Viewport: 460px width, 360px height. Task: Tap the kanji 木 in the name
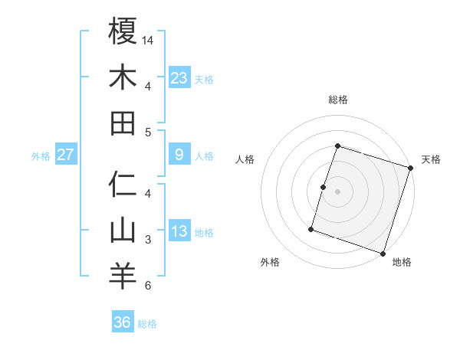click(123, 77)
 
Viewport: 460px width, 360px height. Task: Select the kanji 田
click(123, 123)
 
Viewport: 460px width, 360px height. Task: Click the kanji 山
click(123, 231)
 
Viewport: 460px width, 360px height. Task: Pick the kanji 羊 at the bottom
click(123, 277)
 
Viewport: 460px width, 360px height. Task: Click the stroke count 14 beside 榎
click(149, 40)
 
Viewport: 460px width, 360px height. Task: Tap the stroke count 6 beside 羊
click(148, 286)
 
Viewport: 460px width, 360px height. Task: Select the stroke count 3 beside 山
click(148, 240)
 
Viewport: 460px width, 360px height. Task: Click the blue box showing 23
click(179, 77)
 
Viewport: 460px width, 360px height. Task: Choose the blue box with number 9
click(179, 155)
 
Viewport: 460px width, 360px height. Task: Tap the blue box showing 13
click(179, 231)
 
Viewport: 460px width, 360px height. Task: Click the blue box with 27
click(66, 155)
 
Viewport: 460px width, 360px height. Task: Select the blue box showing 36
click(123, 322)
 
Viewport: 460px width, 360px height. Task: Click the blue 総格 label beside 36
click(147, 324)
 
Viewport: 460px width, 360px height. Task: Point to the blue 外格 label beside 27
click(41, 156)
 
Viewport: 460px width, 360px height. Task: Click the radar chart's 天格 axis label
click(431, 159)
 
